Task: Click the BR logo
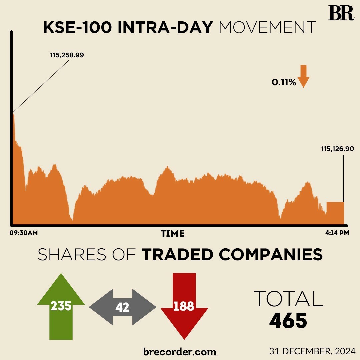click(x=341, y=13)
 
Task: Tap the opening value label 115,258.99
click(x=67, y=55)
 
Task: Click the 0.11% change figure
click(x=284, y=82)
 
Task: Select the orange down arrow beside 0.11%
click(x=303, y=76)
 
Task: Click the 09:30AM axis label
click(x=23, y=233)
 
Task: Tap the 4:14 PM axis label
click(x=337, y=233)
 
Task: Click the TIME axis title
click(x=173, y=233)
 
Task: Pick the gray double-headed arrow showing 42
click(x=122, y=307)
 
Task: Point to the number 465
click(x=288, y=321)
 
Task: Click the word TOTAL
click(x=288, y=299)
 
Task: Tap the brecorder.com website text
click(x=180, y=351)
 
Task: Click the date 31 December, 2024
click(x=312, y=351)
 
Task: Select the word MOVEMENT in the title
click(x=267, y=28)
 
